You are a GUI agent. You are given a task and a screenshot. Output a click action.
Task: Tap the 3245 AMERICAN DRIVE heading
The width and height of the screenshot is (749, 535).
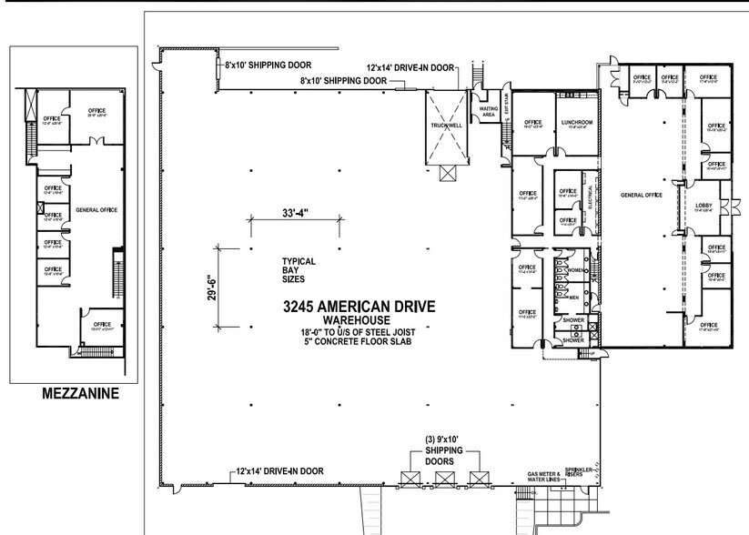[360, 306]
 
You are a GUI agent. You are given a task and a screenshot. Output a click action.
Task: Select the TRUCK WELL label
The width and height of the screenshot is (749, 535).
[444, 126]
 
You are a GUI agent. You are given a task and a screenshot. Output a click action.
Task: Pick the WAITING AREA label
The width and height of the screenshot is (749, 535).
[488, 112]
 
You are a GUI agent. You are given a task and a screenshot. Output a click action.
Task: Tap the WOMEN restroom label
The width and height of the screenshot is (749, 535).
[575, 271]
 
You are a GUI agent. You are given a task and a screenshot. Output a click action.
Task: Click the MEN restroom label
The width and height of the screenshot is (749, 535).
[574, 298]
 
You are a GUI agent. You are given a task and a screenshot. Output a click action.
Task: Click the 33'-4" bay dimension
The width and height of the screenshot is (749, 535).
[293, 214]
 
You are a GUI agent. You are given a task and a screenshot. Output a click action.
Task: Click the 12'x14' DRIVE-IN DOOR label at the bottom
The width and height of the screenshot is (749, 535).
[280, 471]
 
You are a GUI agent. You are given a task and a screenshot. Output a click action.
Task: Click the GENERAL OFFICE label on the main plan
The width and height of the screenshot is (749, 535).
[640, 196]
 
